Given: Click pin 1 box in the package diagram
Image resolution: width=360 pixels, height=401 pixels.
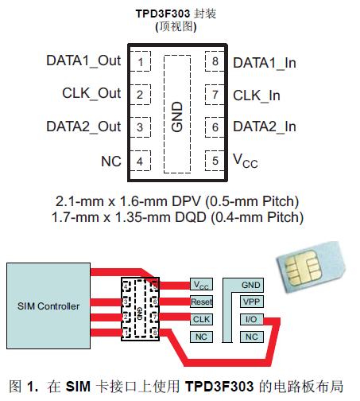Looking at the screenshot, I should (140, 62).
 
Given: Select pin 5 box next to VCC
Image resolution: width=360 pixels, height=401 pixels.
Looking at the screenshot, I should (214, 161).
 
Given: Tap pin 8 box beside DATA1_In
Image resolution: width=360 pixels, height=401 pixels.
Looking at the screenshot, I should (214, 62).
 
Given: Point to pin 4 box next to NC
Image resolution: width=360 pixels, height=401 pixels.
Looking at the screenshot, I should (140, 161).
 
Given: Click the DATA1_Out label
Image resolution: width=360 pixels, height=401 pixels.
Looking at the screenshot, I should (83, 61).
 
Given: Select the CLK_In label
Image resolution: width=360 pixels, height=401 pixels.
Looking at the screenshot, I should (257, 95).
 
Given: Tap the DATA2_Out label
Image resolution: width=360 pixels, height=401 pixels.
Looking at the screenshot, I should (83, 127).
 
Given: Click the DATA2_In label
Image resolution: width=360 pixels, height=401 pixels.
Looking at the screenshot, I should (264, 127).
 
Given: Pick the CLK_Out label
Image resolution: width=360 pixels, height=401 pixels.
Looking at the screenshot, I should (91, 94).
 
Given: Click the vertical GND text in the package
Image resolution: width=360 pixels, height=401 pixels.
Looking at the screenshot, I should (177, 111).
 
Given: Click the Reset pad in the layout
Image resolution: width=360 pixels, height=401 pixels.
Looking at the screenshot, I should (201, 302).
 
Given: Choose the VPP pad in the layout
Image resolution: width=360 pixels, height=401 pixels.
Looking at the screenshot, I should (250, 302).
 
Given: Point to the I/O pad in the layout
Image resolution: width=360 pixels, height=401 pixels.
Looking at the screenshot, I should (250, 320).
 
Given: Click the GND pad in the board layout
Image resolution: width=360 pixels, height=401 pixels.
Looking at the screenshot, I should (250, 285).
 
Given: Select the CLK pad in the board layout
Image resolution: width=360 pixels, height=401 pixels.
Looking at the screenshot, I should (201, 320).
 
